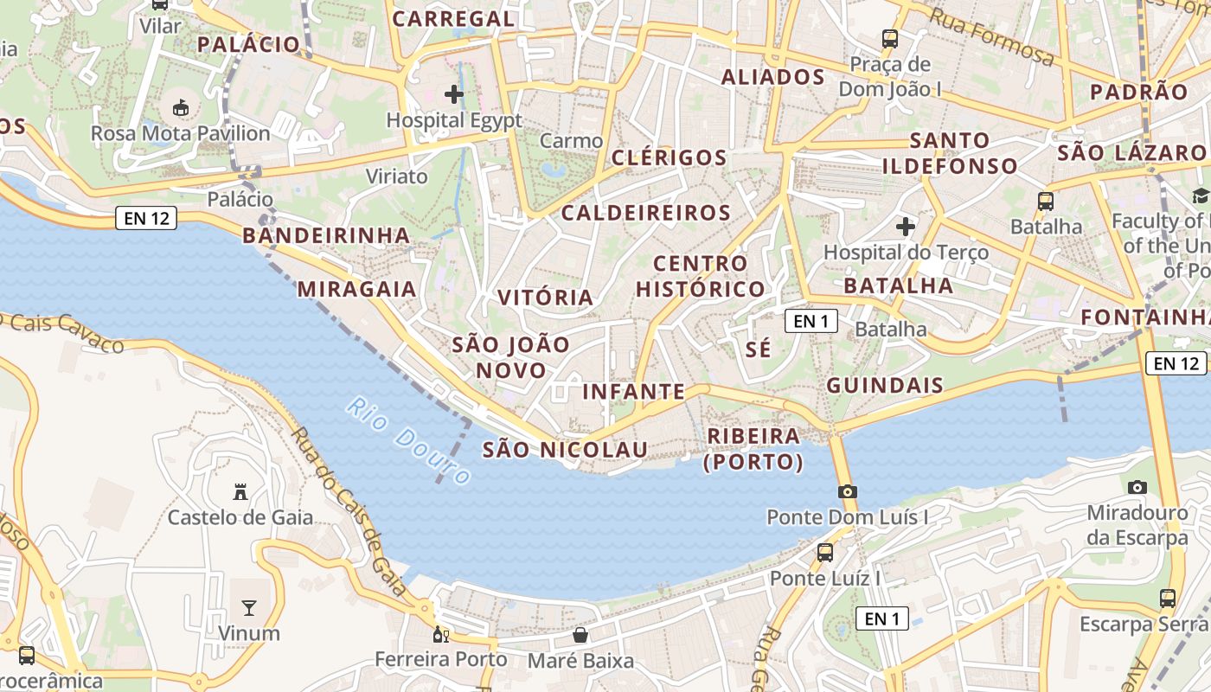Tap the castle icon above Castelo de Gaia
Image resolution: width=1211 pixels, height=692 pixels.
(x=240, y=492)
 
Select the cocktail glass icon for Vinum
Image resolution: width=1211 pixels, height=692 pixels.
(x=249, y=607)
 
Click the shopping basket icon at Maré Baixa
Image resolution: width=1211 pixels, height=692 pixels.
(x=581, y=636)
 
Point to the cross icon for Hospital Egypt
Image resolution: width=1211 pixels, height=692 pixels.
(x=454, y=93)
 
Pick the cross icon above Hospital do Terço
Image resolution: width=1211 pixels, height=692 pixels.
(x=906, y=227)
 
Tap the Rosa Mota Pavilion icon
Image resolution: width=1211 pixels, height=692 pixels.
(x=181, y=108)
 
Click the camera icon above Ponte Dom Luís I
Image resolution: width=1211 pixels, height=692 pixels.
(x=848, y=491)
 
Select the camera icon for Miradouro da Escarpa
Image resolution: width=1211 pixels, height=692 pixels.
(x=1137, y=487)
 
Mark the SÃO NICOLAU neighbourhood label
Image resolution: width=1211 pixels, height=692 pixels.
(x=565, y=450)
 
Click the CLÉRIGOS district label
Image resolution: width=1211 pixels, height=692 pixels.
(x=670, y=157)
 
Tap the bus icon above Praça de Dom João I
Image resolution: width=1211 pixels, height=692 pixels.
(x=890, y=38)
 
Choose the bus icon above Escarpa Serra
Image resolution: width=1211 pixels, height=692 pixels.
(x=1168, y=598)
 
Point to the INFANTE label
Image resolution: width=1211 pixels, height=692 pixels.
(x=634, y=392)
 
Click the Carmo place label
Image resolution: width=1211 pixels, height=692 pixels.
(x=571, y=140)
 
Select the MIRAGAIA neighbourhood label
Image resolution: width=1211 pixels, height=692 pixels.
(x=357, y=289)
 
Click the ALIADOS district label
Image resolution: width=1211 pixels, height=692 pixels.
(x=773, y=77)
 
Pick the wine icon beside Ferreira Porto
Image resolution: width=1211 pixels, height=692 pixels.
(x=441, y=635)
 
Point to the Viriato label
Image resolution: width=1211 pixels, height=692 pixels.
(x=397, y=176)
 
